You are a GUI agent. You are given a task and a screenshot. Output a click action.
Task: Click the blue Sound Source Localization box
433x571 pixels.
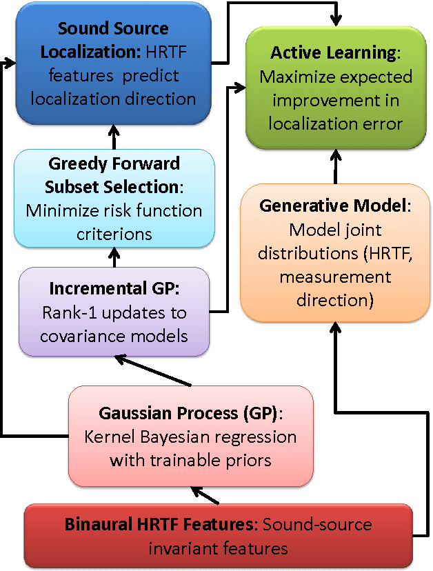click(114, 63)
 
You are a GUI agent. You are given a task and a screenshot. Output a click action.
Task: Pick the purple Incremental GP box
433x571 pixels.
click(114, 312)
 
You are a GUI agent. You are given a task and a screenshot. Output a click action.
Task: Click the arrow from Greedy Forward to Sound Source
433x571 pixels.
click(114, 137)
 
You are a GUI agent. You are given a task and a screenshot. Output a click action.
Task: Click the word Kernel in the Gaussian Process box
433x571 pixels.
click(106, 437)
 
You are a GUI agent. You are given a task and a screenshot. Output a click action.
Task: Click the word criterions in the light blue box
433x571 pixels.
click(114, 234)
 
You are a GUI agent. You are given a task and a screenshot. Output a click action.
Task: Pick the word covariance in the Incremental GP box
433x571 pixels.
click(74, 336)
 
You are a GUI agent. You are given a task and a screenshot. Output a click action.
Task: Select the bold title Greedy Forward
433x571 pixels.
click(114, 163)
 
